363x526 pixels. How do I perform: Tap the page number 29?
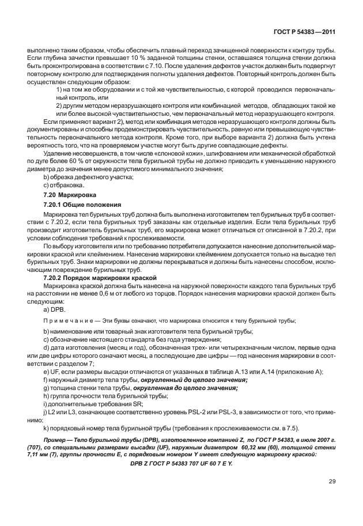[x=332, y=482]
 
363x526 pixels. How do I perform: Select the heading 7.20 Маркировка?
[x=65, y=196]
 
